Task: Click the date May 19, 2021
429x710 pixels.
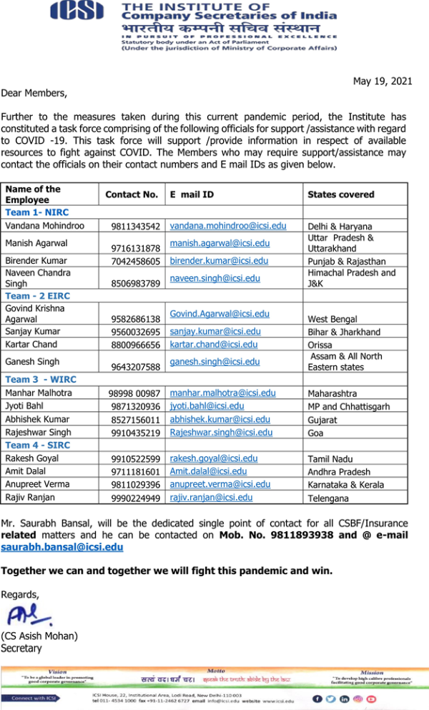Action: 383,81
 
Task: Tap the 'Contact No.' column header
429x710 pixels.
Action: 132,194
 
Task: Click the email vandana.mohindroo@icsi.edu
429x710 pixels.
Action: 228,225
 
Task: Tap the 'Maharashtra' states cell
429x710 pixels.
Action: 333,393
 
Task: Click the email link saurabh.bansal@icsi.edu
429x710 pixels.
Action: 62,547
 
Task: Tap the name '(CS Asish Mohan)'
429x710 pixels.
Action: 39,636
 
